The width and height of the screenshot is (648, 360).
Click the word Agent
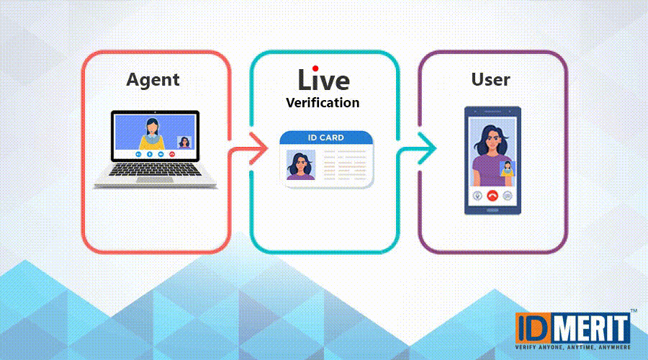[x=153, y=80]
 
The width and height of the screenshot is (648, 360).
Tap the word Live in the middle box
[x=323, y=79]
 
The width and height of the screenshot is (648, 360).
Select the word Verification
[x=323, y=102]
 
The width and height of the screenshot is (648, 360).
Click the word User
[x=490, y=79]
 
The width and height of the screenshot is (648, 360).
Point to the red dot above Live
[x=315, y=68]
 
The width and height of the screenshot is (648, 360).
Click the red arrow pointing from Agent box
[x=248, y=149]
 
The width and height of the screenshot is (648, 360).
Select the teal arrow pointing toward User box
[x=417, y=148]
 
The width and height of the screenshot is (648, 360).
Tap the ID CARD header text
[x=325, y=138]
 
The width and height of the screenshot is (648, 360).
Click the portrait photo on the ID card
[x=301, y=165]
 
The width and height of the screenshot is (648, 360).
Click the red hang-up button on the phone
[x=492, y=196]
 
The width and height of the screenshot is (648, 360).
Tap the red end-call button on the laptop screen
[x=172, y=154]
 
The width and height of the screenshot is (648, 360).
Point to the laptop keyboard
[x=155, y=169]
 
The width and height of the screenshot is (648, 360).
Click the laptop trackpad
[x=155, y=180]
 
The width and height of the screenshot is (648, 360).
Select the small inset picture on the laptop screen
[x=184, y=142]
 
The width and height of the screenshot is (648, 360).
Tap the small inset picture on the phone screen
[x=507, y=168]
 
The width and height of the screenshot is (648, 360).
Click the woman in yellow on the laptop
[x=152, y=134]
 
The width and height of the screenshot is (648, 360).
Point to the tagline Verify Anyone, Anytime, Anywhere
[x=573, y=348]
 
